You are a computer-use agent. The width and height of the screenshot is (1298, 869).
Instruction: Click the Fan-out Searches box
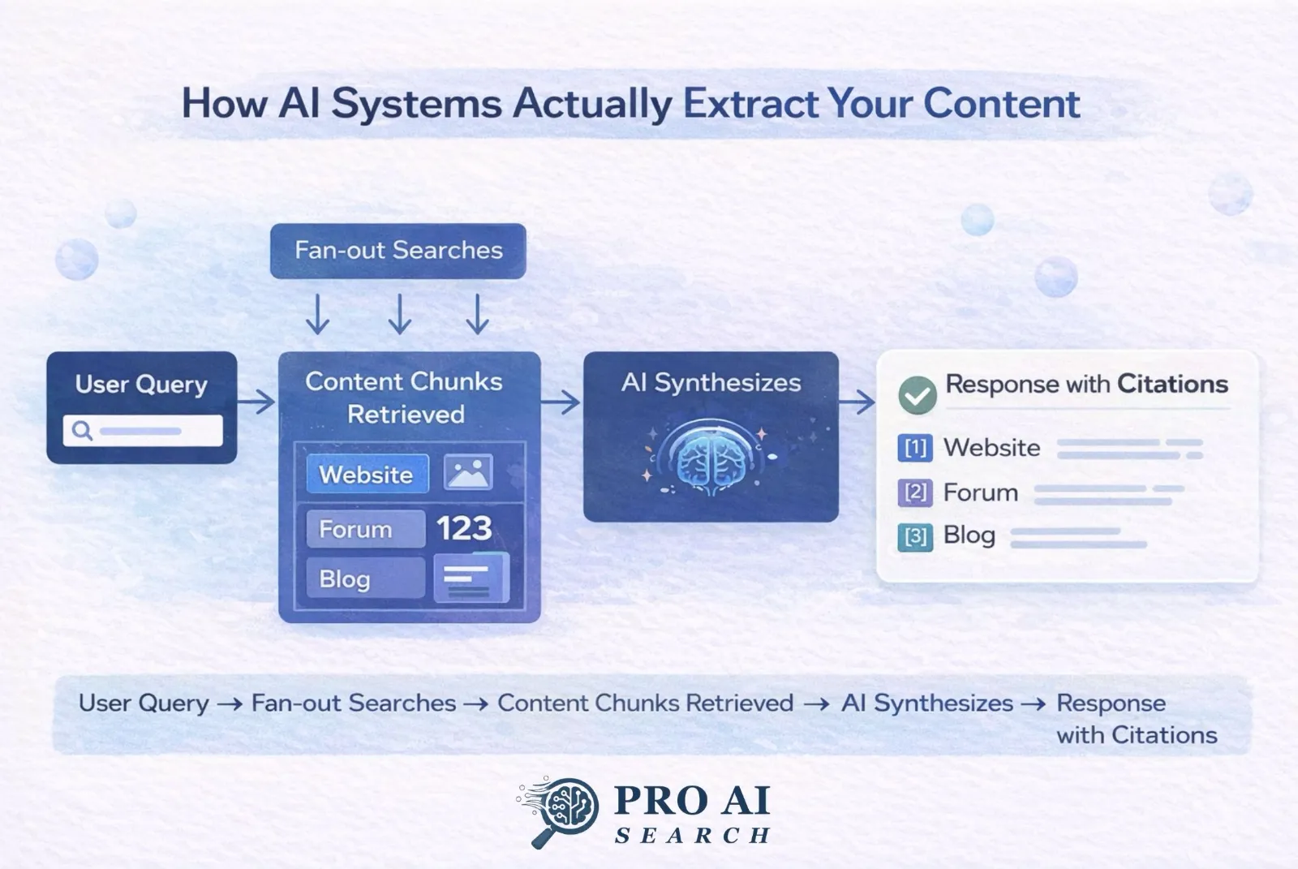(398, 251)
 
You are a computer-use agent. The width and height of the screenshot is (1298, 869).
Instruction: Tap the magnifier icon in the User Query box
(82, 430)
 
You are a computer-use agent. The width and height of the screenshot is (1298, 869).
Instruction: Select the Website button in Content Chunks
(367, 475)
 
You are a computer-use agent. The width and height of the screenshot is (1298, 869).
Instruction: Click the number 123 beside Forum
(464, 529)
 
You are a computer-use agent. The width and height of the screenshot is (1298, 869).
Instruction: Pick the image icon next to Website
(468, 472)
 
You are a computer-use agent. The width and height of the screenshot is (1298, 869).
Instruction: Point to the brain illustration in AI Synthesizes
(710, 458)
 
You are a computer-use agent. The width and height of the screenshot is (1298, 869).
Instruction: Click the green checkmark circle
(917, 395)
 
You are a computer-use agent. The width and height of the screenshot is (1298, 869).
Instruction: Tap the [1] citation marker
(915, 448)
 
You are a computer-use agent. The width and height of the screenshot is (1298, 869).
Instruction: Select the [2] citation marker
(915, 493)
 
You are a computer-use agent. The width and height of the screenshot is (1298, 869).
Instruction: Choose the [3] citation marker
(915, 536)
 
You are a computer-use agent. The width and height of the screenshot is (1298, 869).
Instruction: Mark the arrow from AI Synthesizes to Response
(857, 401)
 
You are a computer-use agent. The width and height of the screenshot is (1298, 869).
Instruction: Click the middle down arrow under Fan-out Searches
(399, 315)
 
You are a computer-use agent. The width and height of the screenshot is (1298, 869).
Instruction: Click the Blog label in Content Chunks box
(346, 579)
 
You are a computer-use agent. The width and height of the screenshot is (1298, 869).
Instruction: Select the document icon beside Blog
(470, 579)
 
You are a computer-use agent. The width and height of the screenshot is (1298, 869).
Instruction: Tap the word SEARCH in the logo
(692, 835)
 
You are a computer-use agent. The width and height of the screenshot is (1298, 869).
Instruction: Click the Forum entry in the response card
(980, 493)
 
